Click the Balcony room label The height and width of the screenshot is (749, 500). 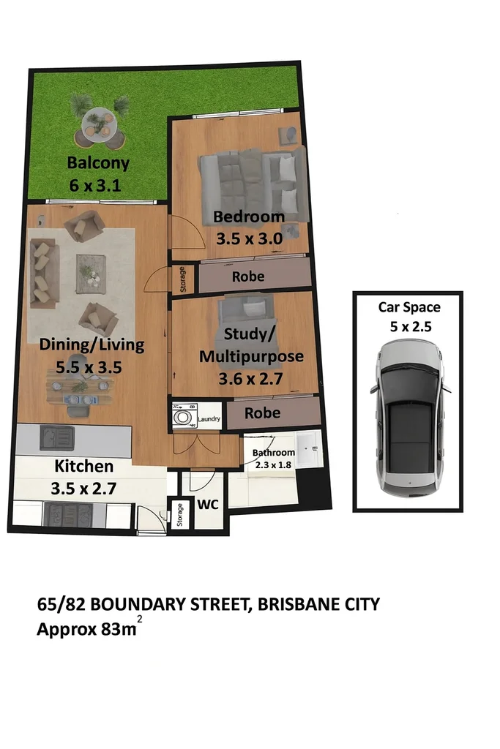coord(98,162)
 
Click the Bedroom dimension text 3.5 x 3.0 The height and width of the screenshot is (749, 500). coord(248,238)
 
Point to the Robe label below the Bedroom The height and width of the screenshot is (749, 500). coord(248,277)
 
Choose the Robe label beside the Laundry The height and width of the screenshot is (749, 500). coord(262,413)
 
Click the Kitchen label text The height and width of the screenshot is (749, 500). coord(83,466)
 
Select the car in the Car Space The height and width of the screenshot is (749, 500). coord(409,421)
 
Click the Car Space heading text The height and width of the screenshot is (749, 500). coord(409,307)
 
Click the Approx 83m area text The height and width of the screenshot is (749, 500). coord(86,628)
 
